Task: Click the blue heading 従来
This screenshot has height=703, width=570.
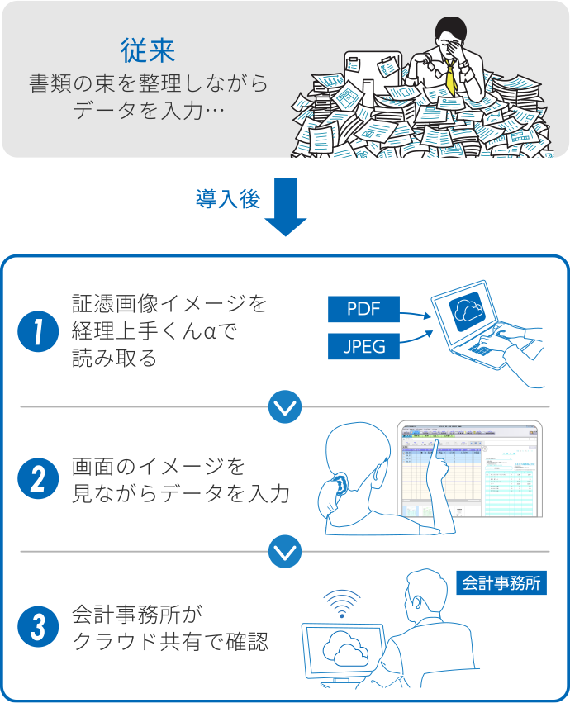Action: tap(148, 51)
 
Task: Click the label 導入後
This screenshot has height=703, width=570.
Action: tap(228, 199)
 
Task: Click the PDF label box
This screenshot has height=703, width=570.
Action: tap(363, 310)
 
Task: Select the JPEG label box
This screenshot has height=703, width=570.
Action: tap(363, 346)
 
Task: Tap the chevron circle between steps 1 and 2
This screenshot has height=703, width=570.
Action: tap(285, 406)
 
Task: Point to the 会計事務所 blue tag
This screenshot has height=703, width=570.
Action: tap(501, 582)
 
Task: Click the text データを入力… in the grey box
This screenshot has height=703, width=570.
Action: tap(150, 110)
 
